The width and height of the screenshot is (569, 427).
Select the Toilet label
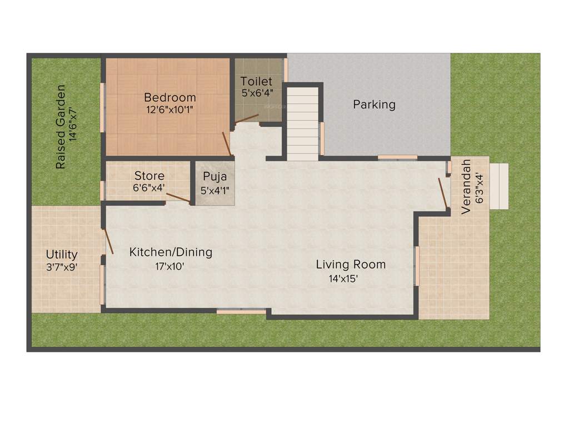click(x=256, y=82)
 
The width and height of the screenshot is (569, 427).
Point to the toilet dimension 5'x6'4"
click(x=257, y=93)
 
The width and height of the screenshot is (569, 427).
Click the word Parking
click(x=374, y=105)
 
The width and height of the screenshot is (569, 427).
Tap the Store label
click(x=149, y=176)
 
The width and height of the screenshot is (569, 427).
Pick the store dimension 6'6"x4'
click(x=149, y=188)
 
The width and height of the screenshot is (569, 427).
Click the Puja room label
click(x=214, y=177)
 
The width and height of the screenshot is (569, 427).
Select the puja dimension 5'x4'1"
click(x=214, y=190)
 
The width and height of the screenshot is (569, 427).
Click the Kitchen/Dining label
click(x=171, y=252)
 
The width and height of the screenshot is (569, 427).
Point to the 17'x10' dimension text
click(x=169, y=266)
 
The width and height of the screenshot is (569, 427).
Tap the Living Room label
click(x=351, y=265)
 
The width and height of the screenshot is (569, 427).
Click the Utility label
click(x=62, y=255)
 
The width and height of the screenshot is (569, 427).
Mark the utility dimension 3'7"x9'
click(x=62, y=267)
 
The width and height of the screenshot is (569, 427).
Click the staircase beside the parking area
click(x=302, y=122)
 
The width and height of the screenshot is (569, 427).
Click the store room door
click(x=178, y=198)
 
